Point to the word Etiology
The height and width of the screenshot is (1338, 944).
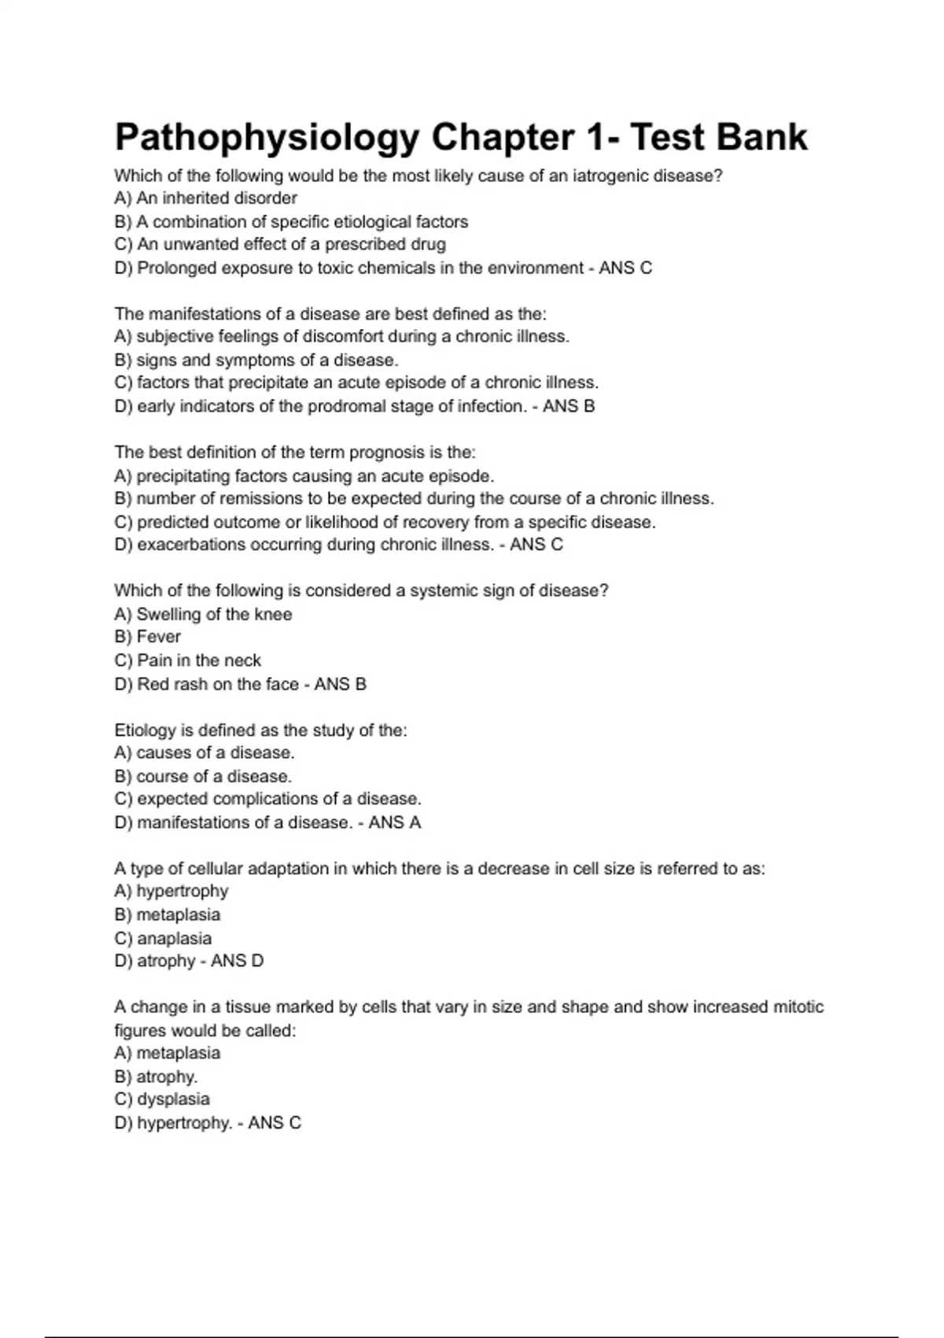[x=146, y=730]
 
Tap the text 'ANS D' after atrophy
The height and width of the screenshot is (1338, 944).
[x=237, y=961]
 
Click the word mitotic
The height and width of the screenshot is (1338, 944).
[x=798, y=1007]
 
